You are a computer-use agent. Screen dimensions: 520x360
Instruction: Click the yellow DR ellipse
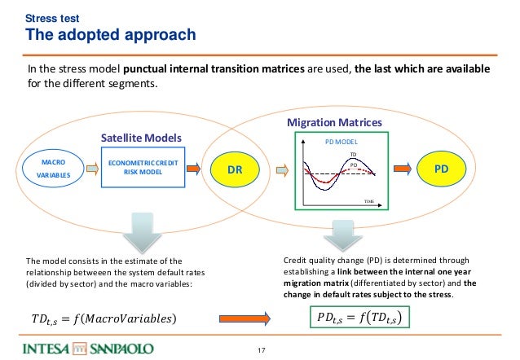tap(234, 169)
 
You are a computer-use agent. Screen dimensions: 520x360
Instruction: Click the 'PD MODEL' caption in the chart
tap(341, 141)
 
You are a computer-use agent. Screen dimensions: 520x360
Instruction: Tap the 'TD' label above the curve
tap(354, 154)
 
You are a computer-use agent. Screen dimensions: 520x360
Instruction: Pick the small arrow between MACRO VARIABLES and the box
tap(89, 169)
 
